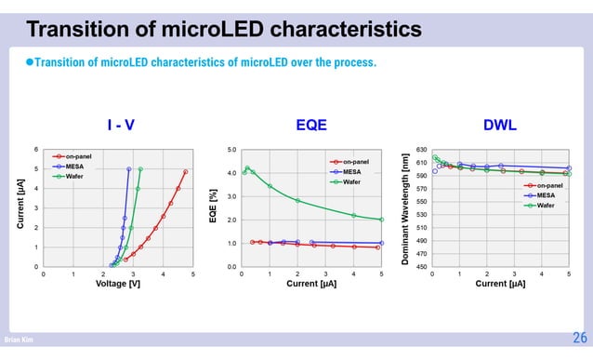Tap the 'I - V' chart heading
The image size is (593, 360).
point(119,127)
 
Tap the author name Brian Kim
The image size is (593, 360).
point(19,341)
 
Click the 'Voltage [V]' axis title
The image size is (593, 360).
point(118,284)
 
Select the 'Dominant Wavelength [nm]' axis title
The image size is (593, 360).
point(405,207)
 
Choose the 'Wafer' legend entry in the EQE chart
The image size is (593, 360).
point(351,181)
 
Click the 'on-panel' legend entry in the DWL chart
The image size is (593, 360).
point(549,186)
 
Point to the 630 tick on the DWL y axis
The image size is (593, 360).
point(421,149)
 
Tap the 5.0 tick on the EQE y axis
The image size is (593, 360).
point(231,149)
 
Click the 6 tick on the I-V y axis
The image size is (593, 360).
point(36,149)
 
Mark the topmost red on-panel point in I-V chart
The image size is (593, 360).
point(186,171)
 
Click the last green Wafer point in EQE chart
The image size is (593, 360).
point(381,220)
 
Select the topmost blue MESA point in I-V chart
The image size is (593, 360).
point(128,169)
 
